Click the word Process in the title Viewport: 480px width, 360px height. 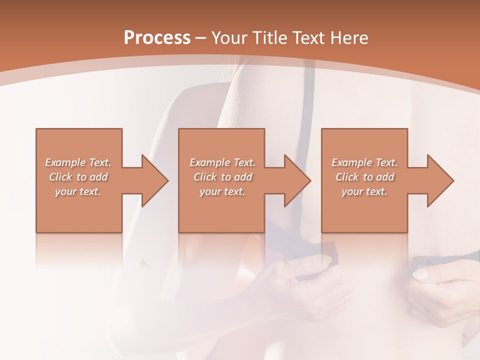157,38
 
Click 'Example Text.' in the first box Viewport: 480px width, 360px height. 78,162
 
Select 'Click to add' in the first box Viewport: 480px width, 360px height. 78,177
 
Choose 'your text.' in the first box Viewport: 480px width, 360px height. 78,191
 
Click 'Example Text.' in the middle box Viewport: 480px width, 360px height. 222,162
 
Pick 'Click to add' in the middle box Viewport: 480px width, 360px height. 222,177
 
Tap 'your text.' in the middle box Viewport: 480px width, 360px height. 222,191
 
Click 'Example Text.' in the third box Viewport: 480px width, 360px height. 364,162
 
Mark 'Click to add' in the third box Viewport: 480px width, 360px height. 364,177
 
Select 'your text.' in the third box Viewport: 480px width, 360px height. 364,191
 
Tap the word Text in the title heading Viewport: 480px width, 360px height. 308,38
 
